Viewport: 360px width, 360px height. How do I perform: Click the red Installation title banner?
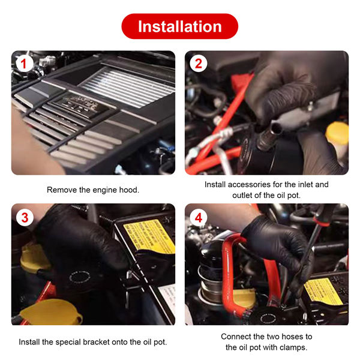pos(180,26)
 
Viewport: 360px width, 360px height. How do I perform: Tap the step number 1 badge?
pos(25,64)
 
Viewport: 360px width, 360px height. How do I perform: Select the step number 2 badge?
pos(199,64)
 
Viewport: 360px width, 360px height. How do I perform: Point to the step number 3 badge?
pos(25,217)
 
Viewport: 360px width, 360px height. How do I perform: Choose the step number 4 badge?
pos(199,217)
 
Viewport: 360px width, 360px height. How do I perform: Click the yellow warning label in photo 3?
pos(149,236)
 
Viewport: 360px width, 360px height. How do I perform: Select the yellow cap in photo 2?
pos(337,133)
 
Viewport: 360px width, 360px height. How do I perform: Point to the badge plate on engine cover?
pos(81,104)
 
